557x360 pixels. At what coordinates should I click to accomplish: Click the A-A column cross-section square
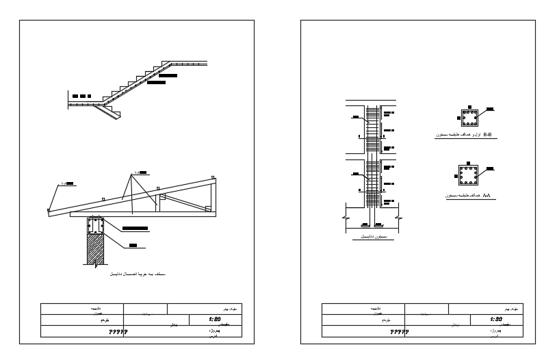pos(469,175)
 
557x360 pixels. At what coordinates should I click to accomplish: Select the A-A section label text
pos(488,196)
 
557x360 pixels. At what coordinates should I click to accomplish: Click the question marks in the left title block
pos(119,332)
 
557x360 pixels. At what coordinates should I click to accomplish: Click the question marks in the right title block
pos(400,332)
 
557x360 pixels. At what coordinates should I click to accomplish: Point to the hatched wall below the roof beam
pos(94,250)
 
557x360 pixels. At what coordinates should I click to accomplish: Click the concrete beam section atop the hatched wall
pos(94,226)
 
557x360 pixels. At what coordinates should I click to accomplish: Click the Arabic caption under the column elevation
pos(369,236)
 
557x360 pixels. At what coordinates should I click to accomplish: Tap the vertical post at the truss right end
pos(214,193)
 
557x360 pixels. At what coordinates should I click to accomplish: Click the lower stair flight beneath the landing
pos(108,110)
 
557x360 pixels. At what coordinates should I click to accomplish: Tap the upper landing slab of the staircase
pos(188,64)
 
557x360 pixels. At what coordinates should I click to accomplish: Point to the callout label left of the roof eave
pos(68,184)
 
